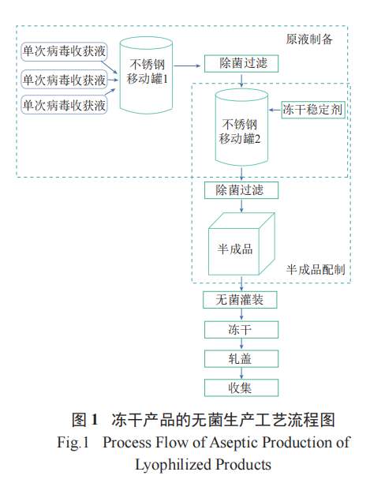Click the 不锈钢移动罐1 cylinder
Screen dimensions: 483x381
[148, 73]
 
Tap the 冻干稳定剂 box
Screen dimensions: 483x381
[312, 110]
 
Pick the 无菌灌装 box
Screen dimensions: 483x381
[241, 300]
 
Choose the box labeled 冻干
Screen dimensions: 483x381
[241, 329]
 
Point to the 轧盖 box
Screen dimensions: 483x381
[241, 358]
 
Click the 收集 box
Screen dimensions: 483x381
[241, 388]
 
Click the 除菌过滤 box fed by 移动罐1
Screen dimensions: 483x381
[241, 63]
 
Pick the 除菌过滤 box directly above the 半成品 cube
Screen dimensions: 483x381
[241, 190]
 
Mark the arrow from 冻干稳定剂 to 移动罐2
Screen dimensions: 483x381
[274, 110]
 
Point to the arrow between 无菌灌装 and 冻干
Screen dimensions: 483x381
[241, 315]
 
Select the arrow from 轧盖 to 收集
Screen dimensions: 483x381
[241, 373]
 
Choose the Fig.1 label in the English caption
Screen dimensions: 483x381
[74, 443]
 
